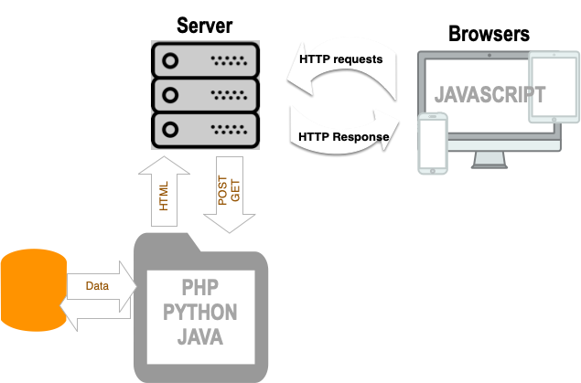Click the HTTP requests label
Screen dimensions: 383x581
(340, 59)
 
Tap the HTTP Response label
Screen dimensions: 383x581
(344, 137)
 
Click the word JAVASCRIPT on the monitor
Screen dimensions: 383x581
(489, 95)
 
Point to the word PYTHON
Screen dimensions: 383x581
(200, 313)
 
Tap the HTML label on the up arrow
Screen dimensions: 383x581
(165, 196)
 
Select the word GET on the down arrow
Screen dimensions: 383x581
(235, 189)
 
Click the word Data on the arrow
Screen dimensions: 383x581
(97, 286)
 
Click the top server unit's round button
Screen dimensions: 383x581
(170, 62)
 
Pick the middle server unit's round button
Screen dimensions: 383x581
(170, 93)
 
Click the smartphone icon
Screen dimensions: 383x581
(433, 143)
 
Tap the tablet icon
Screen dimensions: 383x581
(554, 87)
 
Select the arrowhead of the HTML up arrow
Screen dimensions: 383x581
(165, 165)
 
